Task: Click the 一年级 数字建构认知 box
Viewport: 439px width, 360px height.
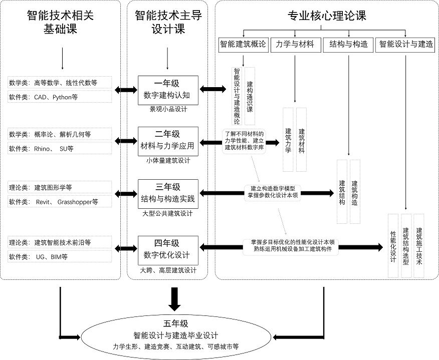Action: pyautogui.click(x=168, y=90)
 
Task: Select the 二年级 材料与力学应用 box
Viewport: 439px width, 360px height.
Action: pyautogui.click(x=168, y=142)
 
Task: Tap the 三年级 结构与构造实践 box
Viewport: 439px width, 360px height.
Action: pyautogui.click(x=168, y=194)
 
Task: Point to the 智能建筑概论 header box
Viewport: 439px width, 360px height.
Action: pyautogui.click(x=243, y=44)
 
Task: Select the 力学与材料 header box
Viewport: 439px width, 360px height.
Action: pyautogui.click(x=295, y=44)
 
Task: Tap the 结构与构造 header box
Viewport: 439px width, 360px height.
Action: pyautogui.click(x=348, y=44)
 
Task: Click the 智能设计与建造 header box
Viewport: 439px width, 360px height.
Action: pyautogui.click(x=406, y=44)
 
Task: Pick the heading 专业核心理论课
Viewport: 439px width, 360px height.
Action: pyautogui.click(x=327, y=16)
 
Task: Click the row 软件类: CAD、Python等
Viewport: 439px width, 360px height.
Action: pyautogui.click(x=60, y=97)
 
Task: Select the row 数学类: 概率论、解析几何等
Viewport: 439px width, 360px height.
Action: pyautogui.click(x=60, y=134)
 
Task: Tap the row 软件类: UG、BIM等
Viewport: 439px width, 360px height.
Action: pyautogui.click(x=60, y=256)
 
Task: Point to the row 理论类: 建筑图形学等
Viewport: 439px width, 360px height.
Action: pyautogui.click(x=60, y=187)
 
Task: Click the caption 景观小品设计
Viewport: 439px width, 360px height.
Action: pyautogui.click(x=168, y=109)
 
